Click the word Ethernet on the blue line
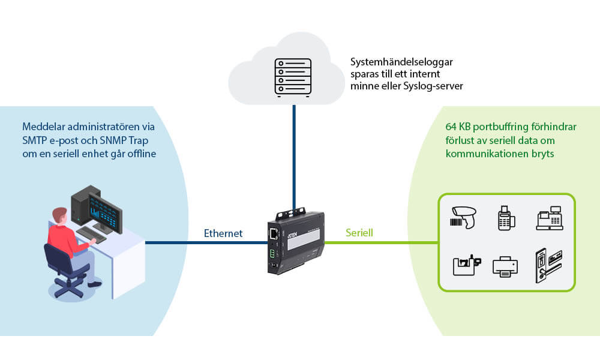(223, 233)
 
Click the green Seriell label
(359, 232)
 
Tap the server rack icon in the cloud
(293, 77)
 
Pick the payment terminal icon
(507, 218)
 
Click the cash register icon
(549, 218)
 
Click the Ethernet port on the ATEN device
(274, 234)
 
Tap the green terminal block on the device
(272, 253)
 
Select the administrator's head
(58, 215)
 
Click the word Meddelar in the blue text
(42, 127)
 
